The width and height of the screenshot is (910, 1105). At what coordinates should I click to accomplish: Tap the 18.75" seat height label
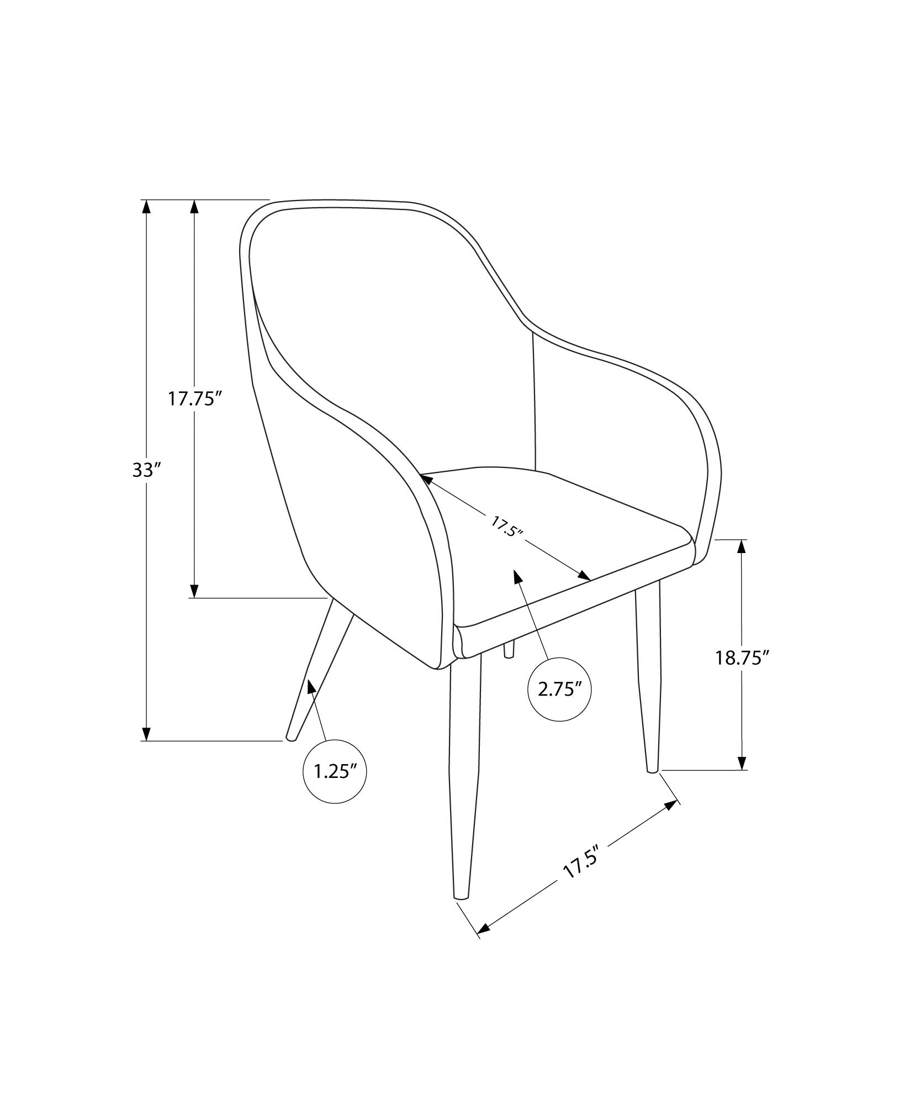coord(742,657)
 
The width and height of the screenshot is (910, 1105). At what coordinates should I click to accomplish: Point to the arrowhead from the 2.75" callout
coord(517,577)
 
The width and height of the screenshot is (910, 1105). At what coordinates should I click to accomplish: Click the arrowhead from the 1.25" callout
coord(311,687)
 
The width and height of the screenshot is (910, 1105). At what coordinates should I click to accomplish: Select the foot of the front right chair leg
coord(652,769)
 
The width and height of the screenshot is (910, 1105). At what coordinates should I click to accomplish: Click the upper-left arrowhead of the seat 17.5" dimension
coord(427,480)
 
